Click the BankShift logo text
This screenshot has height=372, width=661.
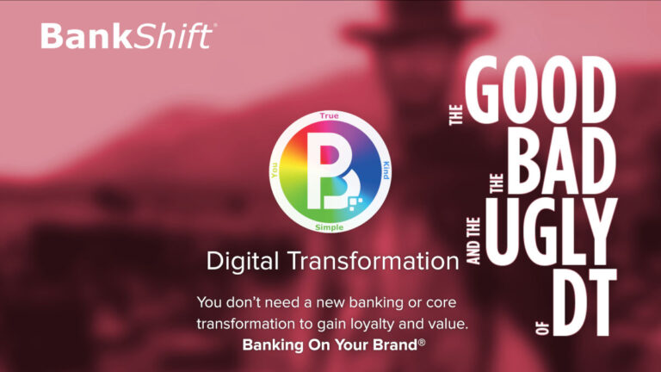pos(127,36)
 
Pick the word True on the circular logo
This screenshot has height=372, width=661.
pos(328,115)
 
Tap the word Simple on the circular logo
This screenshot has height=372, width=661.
pos(329,226)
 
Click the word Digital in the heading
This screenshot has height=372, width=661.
pos(240,263)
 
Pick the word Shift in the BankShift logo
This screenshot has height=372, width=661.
pos(179,36)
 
